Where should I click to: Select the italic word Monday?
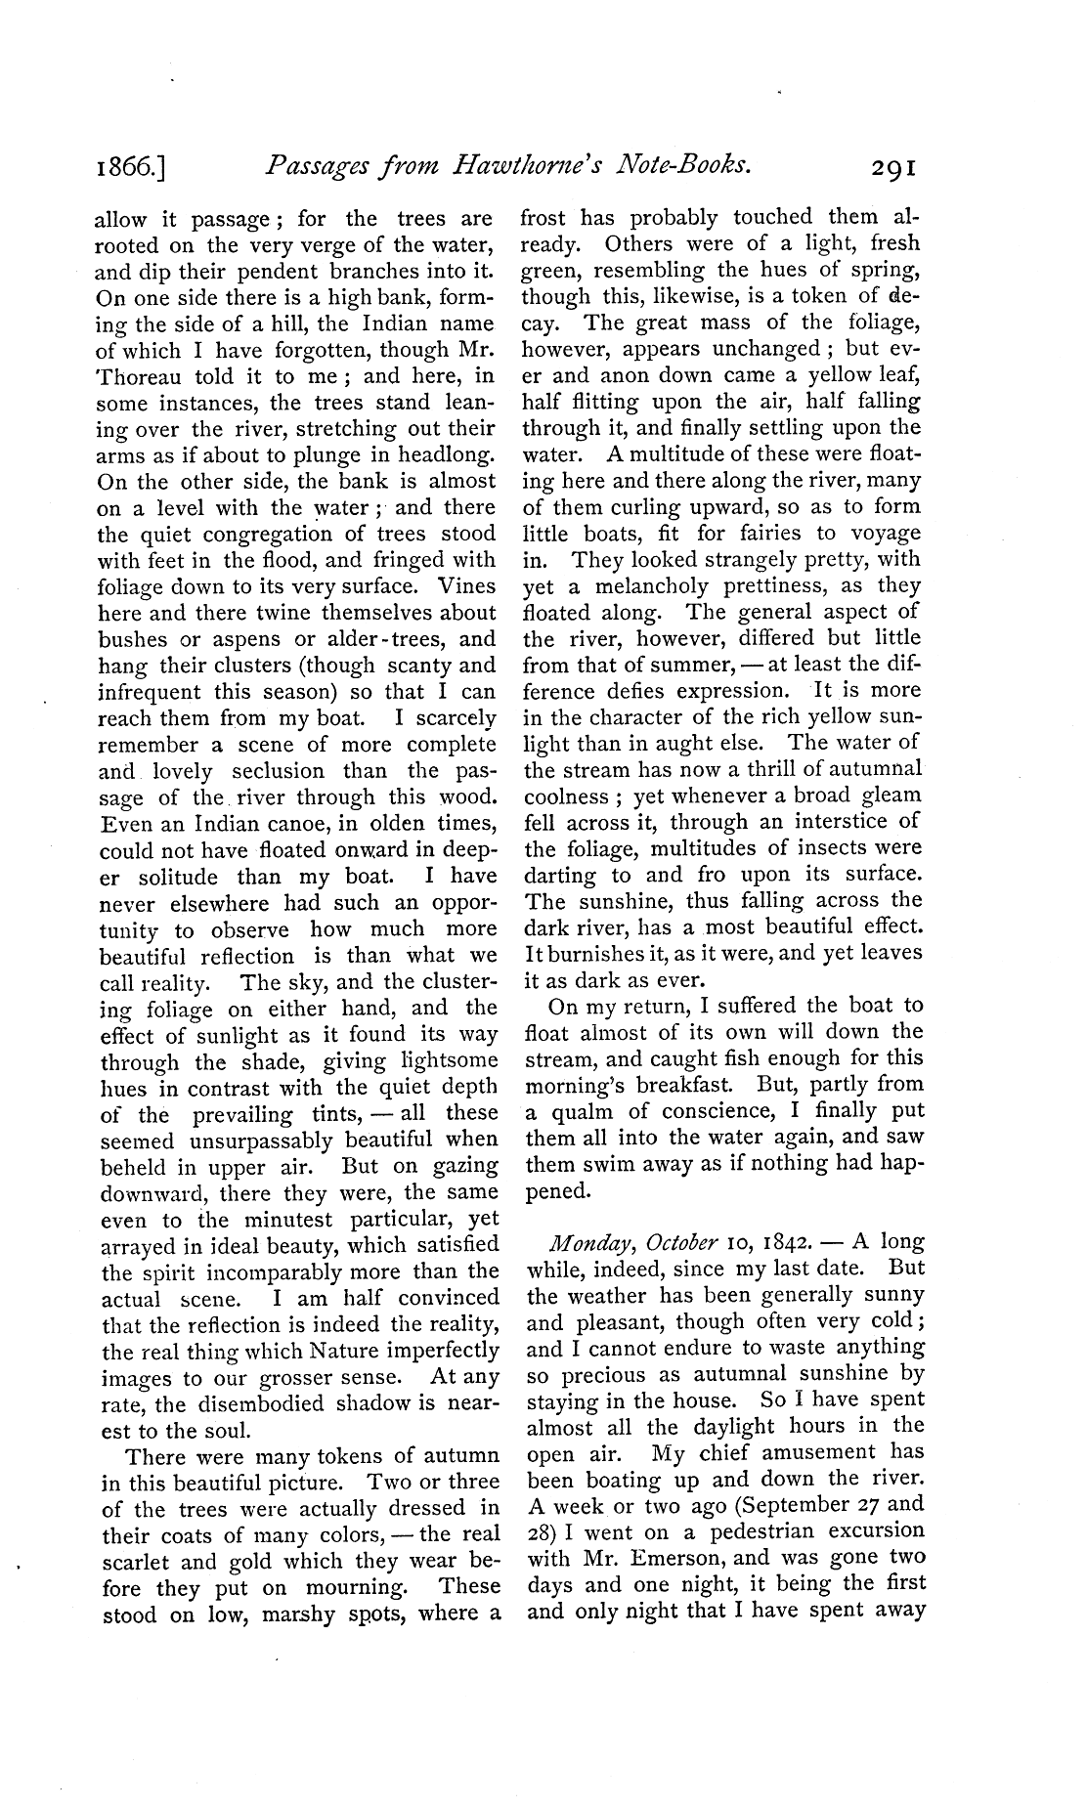click(584, 1242)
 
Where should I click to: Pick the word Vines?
click(466, 587)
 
